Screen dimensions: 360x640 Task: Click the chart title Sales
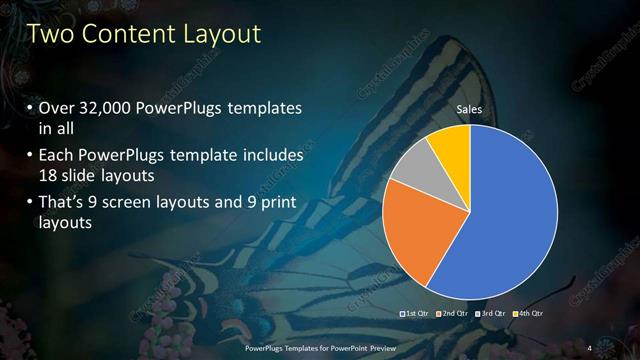470,108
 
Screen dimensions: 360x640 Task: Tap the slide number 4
589,347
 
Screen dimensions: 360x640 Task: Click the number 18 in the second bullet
48,175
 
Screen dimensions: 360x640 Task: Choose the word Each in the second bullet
56,156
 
